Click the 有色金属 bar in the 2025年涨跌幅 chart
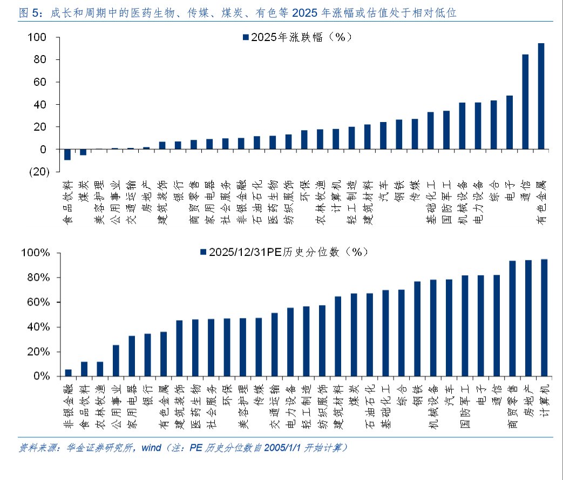[x=541, y=96]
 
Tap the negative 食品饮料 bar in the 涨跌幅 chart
[x=67, y=154]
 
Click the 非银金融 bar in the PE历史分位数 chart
[x=68, y=373]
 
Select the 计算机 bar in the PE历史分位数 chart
[x=544, y=317]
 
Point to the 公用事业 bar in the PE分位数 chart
[x=116, y=360]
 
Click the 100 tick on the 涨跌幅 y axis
[x=41, y=37]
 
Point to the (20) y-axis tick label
[x=39, y=172]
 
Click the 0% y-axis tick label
[x=41, y=376]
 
